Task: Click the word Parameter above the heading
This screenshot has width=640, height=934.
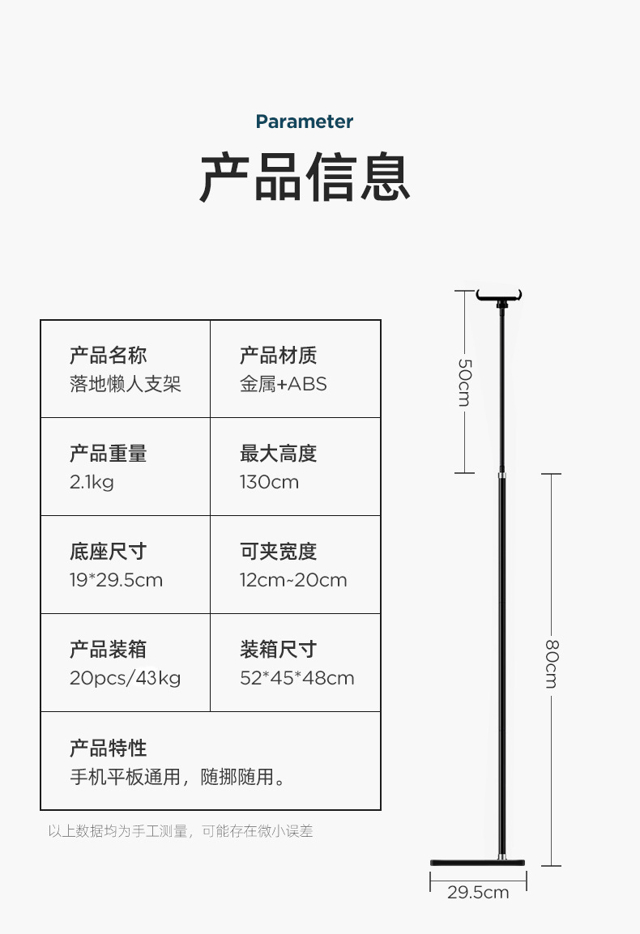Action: [x=305, y=122]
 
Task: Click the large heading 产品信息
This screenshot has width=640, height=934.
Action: [x=305, y=177]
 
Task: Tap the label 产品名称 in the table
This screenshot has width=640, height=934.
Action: [x=108, y=356]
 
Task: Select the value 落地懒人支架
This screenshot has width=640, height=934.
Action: [x=125, y=384]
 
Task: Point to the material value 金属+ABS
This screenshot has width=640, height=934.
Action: [x=283, y=384]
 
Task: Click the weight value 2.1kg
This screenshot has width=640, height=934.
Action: [x=92, y=482]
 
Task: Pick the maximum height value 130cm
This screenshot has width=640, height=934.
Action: [x=269, y=482]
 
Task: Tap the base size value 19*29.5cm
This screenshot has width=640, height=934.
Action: [x=116, y=580]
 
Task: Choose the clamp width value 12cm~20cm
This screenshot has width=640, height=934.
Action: [x=293, y=580]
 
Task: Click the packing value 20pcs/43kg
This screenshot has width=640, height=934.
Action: [x=125, y=678]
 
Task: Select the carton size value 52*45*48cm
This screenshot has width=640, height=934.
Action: [x=297, y=678]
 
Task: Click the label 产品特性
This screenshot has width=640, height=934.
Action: [x=108, y=748]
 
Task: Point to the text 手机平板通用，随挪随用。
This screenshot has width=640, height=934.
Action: [x=177, y=778]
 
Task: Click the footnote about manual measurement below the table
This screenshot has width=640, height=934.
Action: [x=180, y=831]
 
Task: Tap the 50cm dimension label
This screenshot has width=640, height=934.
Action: [x=464, y=382]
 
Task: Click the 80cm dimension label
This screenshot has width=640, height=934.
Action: [x=551, y=663]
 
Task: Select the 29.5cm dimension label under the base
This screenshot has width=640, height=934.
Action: [x=478, y=892]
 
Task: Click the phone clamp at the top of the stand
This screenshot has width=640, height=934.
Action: [x=500, y=296]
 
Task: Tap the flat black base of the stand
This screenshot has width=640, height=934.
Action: [x=478, y=861]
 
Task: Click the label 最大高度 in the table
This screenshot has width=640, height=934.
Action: [x=278, y=454]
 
